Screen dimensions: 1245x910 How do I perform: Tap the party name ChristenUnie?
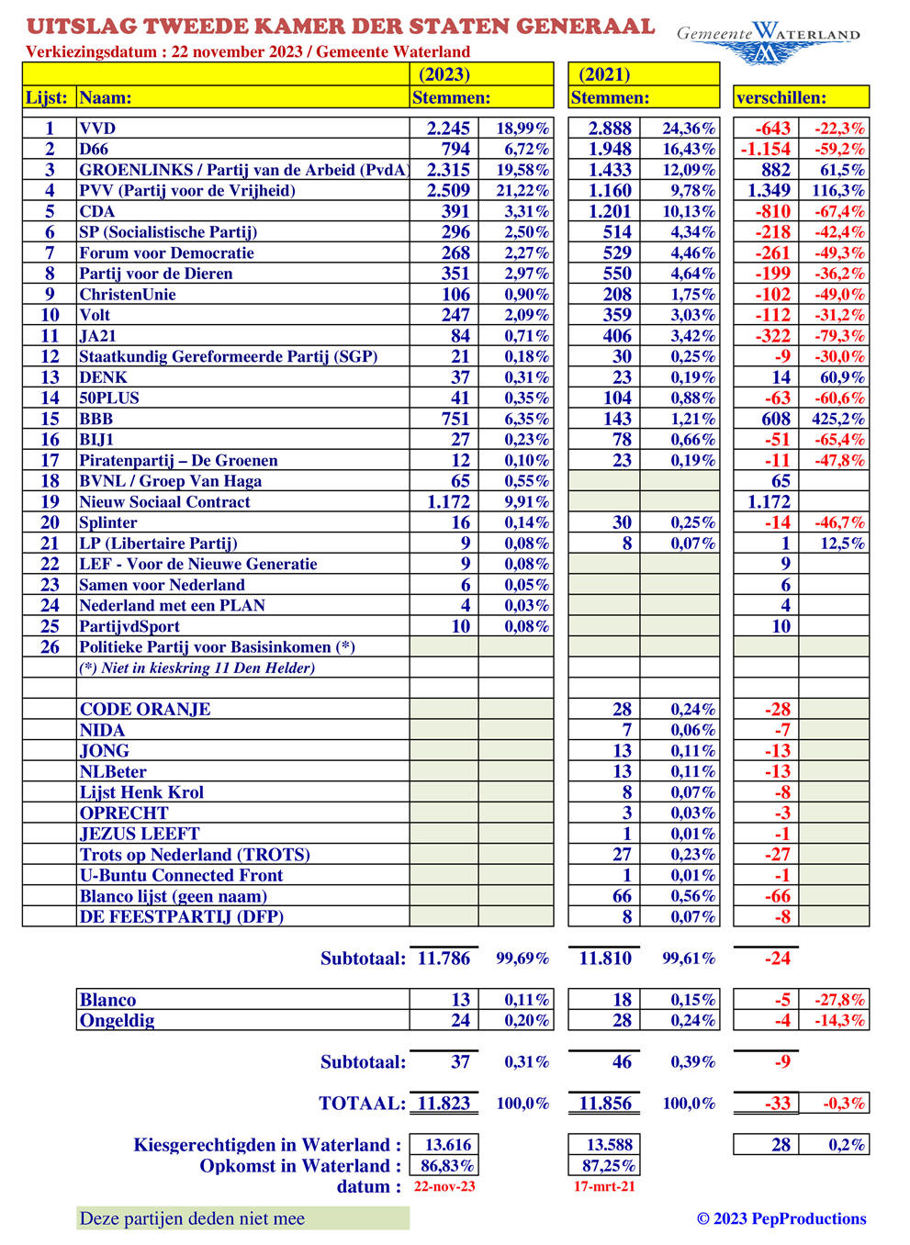pyautogui.click(x=128, y=295)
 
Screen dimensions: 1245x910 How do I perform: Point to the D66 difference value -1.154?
pyautogui.click(x=765, y=150)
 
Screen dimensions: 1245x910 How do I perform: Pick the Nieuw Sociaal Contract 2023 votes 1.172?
pyautogui.click(x=448, y=502)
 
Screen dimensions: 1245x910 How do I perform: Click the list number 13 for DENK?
pyautogui.click(x=50, y=377)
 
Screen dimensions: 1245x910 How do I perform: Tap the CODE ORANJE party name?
pyautogui.click(x=145, y=710)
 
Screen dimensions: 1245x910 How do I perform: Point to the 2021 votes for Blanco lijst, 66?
pyautogui.click(x=622, y=896)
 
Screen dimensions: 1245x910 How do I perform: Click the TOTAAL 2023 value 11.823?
pyautogui.click(x=444, y=1104)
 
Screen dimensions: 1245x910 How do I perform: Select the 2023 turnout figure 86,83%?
pyautogui.click(x=447, y=1166)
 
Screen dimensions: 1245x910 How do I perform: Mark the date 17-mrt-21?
pyautogui.click(x=603, y=1186)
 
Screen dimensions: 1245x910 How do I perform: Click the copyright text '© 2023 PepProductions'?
pyautogui.click(x=781, y=1218)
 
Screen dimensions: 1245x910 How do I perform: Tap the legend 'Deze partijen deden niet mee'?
pyautogui.click(x=192, y=1218)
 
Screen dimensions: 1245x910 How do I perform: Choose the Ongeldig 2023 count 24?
pyautogui.click(x=460, y=1020)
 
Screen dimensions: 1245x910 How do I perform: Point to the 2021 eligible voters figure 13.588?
pyautogui.click(x=605, y=1145)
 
